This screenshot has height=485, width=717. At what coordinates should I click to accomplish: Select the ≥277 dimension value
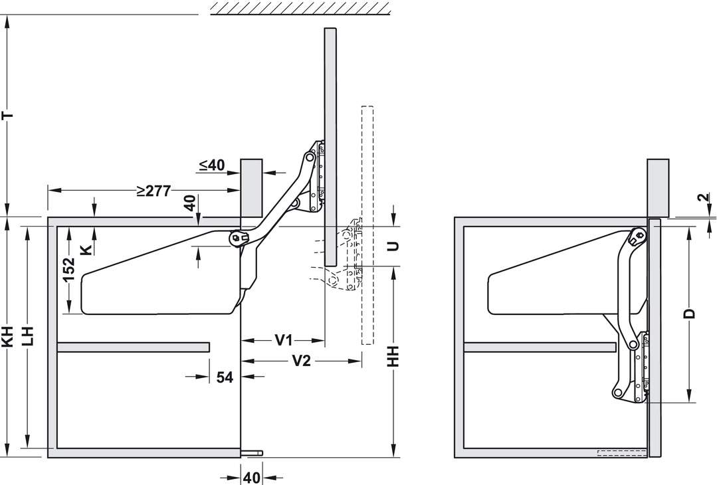coord(154,191)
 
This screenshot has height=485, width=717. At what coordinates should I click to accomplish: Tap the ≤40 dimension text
coord(212,165)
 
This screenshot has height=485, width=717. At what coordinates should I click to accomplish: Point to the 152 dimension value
coord(68,270)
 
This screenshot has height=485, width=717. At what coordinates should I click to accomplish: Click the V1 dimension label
coord(284,340)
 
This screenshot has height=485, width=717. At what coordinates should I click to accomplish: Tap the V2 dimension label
coord(301,361)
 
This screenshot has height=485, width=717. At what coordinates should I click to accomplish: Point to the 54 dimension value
coord(225,377)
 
